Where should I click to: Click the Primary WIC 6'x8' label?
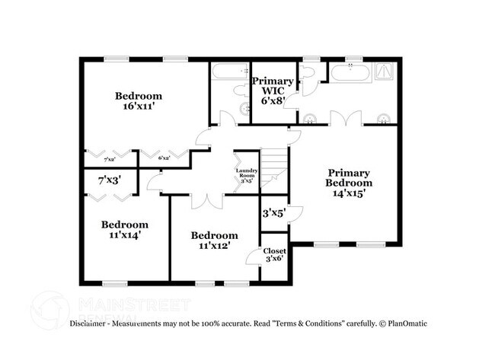click(272, 90)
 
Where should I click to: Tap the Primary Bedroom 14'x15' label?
click(349, 183)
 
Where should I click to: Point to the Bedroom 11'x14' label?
click(125, 230)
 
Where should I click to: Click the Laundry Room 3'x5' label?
click(246, 175)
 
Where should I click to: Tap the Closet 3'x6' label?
click(274, 255)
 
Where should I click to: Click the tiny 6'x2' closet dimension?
click(164, 158)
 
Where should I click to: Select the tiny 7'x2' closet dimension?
click(110, 158)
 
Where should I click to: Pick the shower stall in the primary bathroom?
click(386, 72)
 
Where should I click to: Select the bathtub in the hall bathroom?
click(229, 72)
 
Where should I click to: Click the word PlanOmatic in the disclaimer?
click(404, 323)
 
